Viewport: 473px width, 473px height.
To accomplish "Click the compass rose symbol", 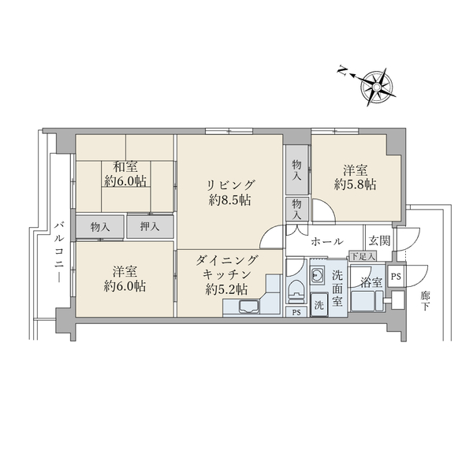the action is (x=377, y=87).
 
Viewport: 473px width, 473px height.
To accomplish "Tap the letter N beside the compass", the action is (x=342, y=71).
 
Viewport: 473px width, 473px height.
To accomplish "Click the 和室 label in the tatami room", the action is (x=125, y=167).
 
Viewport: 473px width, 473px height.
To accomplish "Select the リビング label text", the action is (x=231, y=184).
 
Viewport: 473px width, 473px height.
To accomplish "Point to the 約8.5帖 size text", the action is (x=230, y=199).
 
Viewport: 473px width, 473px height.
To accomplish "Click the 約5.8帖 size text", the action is (x=356, y=184).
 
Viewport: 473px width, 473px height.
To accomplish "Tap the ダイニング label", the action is (x=227, y=260).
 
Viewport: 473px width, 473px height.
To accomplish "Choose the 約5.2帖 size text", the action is (x=227, y=289).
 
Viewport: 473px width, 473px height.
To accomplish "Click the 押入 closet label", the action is (x=150, y=226).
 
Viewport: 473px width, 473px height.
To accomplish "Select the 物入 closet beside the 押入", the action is (x=100, y=227).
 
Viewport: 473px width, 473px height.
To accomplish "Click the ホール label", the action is (x=327, y=241).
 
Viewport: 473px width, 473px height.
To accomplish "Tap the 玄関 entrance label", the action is (x=380, y=240).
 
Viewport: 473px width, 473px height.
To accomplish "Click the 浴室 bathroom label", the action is (x=371, y=282).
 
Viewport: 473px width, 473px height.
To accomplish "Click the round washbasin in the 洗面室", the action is (x=317, y=275).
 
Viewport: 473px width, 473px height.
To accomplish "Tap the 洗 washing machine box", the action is (x=318, y=305).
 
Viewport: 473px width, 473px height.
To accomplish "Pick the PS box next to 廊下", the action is (x=396, y=277).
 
